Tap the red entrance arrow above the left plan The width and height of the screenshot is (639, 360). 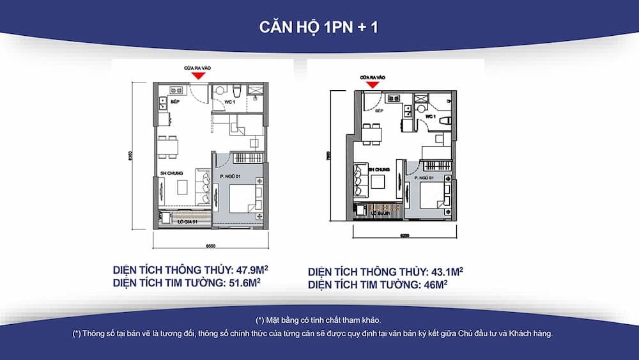[x=199, y=75]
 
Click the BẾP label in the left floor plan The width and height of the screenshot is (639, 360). [x=174, y=100]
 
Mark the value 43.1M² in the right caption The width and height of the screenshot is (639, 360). [x=442, y=271]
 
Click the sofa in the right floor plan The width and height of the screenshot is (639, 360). [x=358, y=182]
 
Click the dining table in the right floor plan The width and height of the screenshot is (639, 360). [x=372, y=133]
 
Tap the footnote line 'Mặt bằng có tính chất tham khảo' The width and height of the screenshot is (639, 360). [x=319, y=319]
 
